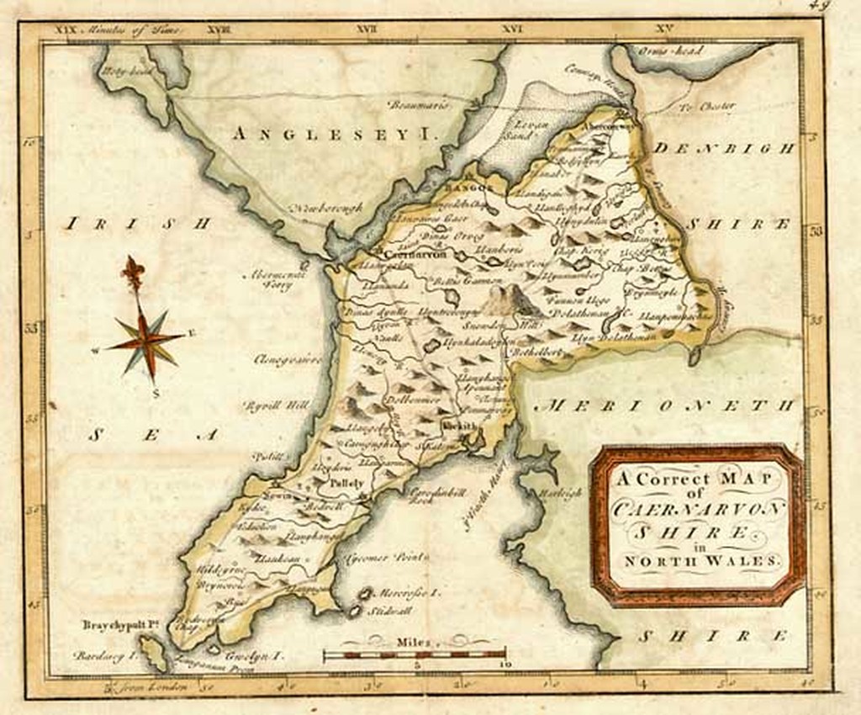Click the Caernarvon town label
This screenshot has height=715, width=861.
tap(409, 252)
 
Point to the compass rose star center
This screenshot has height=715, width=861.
tap(146, 340)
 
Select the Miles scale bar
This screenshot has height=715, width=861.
tap(415, 653)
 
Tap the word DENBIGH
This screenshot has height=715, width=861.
tap(725, 149)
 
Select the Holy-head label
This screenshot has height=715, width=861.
tap(124, 73)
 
